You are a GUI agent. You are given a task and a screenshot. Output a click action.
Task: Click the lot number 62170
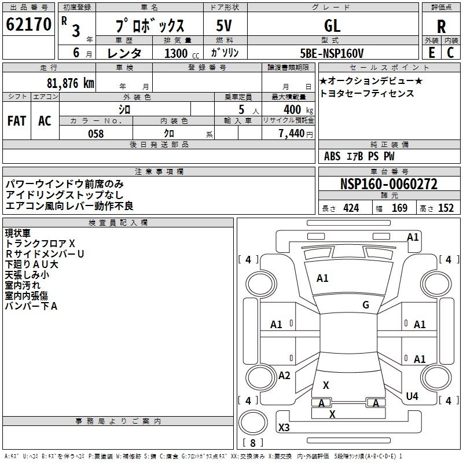28,24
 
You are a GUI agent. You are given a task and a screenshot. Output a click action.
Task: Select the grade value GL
332,25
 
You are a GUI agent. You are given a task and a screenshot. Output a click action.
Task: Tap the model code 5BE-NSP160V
332,53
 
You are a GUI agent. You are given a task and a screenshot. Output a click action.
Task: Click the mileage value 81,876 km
70,83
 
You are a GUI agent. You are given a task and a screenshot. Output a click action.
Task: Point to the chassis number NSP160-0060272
389,184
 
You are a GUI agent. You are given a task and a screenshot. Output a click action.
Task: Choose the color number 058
96,134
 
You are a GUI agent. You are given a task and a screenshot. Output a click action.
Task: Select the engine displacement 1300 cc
182,53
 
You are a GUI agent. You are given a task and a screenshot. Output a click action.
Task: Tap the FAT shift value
17,121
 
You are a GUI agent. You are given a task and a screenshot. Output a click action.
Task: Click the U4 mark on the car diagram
412,396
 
